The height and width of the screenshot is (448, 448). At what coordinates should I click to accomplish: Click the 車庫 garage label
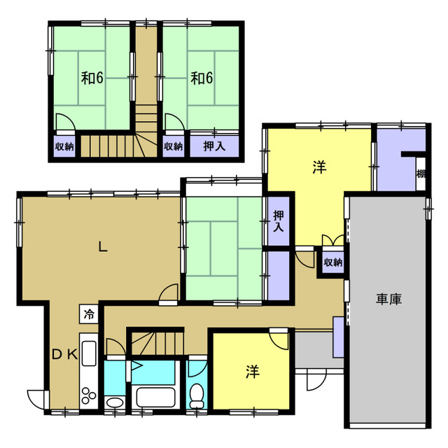click(388, 299)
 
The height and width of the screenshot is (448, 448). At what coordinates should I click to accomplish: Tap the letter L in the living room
click(103, 246)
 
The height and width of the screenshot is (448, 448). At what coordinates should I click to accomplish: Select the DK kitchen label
click(65, 355)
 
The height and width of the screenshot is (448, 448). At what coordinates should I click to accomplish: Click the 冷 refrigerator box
click(89, 314)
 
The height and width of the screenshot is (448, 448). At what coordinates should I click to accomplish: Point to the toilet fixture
click(197, 395)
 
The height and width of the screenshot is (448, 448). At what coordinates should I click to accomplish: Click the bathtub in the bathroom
click(155, 397)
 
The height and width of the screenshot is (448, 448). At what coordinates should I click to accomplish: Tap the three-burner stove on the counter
click(89, 395)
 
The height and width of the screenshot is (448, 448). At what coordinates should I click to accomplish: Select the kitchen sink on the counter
click(89, 353)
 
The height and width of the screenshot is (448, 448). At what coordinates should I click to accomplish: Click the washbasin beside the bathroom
click(115, 402)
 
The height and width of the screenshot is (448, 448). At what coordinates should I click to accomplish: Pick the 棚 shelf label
click(421, 174)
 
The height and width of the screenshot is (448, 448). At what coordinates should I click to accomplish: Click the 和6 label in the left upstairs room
click(92, 78)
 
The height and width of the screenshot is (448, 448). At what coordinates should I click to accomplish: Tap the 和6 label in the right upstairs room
click(202, 78)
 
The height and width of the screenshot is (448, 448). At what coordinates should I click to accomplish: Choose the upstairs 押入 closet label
click(214, 146)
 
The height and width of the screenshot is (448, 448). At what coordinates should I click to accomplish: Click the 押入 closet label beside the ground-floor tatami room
click(279, 220)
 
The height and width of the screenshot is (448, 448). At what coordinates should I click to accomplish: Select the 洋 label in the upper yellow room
click(319, 167)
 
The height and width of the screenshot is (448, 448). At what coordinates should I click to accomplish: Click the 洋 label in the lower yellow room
click(253, 372)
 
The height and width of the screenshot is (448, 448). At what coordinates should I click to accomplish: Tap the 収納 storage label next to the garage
click(333, 262)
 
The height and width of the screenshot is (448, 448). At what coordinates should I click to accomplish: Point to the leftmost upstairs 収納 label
click(64, 146)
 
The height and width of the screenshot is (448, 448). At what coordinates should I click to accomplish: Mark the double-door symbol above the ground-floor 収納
click(333, 240)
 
